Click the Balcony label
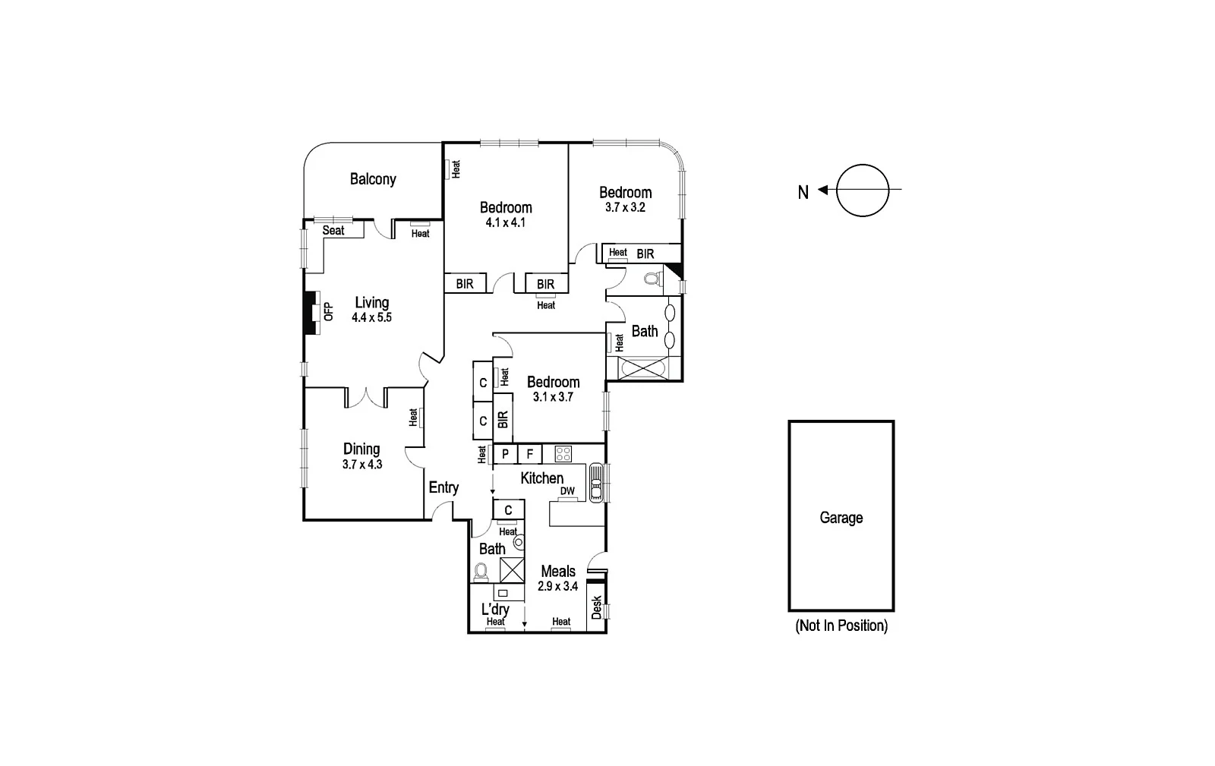coord(373,179)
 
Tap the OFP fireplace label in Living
coord(328,312)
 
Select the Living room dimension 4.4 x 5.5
coord(371,318)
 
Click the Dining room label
coord(361,449)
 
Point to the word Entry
coord(443,487)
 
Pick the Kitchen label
coord(541,478)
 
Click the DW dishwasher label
coord(567,491)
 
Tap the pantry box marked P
coord(505,455)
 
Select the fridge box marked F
coord(530,455)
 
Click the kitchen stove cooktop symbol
coord(563,454)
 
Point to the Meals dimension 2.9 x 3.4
coord(558,586)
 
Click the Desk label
coord(596,607)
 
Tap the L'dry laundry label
coord(495,609)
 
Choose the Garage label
coord(841,518)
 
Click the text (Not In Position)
coord(841,626)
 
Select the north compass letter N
coord(803,192)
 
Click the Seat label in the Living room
coord(333,230)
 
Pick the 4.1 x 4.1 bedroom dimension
coord(506,222)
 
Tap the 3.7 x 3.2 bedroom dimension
coord(625,207)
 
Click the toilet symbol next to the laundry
coord(481,570)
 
